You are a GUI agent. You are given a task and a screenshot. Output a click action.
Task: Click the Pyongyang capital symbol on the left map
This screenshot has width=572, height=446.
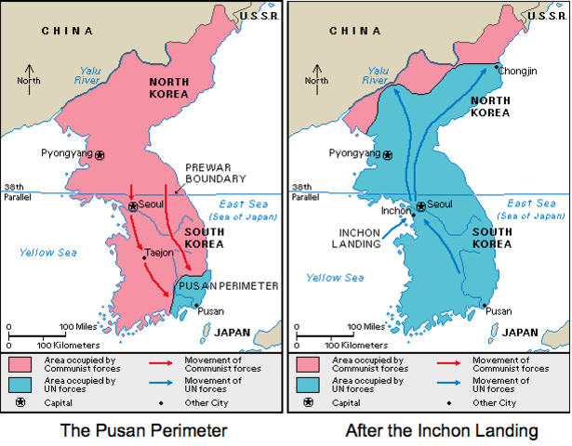pyautogui.click(x=100, y=155)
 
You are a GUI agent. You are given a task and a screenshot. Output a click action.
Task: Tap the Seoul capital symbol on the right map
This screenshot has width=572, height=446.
pyautogui.click(x=420, y=206)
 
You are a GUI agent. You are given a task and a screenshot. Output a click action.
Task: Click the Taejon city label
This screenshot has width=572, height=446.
pyautogui.click(x=159, y=252)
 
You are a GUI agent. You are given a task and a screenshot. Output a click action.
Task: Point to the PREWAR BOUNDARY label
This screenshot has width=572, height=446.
pyautogui.click(x=215, y=172)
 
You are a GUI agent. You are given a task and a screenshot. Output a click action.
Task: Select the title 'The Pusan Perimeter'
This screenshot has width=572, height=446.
pyautogui.click(x=144, y=430)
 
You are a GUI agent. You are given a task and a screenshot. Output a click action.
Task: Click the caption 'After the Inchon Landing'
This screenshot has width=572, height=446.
pyautogui.click(x=429, y=430)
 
